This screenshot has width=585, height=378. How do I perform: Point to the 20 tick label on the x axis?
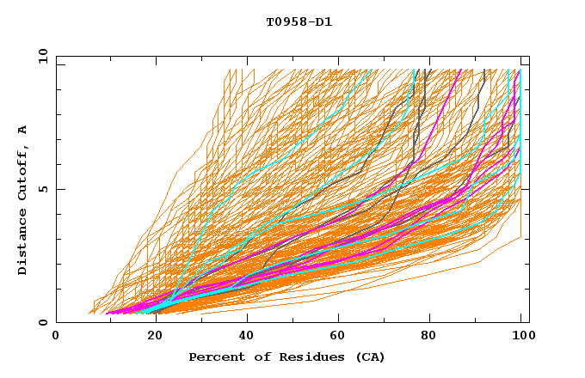pos(150,336)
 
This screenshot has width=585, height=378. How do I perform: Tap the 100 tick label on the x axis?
pos(522,336)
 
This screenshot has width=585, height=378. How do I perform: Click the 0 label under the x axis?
pos(56,336)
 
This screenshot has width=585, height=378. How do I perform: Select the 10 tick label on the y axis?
pos(40,56)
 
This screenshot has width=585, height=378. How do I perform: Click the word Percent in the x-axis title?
pos(214,357)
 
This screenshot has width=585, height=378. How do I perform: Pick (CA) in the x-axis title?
pos(370,357)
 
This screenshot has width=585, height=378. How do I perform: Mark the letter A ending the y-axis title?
pos(23,129)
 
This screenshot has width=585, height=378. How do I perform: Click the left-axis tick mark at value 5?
pos(58,189)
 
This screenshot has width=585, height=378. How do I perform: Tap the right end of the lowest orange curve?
pos(521,238)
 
